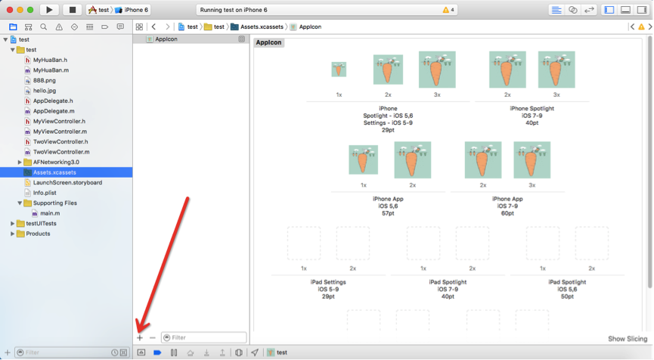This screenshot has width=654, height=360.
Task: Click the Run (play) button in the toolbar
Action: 49,10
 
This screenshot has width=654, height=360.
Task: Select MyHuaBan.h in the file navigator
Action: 50,60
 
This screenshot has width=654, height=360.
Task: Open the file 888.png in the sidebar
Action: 44,80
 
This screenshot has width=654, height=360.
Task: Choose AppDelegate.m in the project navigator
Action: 54,111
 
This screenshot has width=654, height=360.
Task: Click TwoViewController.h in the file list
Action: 60,142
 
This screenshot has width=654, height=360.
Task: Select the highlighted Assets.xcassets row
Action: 67,172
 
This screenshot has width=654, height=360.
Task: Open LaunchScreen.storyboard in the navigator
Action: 67,183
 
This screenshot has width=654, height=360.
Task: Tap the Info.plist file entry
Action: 45,193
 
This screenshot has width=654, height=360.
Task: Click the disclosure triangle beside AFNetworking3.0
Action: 20,163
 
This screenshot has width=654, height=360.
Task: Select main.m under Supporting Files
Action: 50,213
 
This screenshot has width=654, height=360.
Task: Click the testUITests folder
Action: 41,224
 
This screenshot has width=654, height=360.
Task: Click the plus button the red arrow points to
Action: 140,337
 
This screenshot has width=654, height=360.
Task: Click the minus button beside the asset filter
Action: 153,337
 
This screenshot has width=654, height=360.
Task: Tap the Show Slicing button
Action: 628,339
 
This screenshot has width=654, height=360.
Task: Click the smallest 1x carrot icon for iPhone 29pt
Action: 339,70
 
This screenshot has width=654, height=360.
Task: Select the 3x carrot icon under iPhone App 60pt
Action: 532,160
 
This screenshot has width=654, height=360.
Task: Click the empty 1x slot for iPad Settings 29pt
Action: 304,244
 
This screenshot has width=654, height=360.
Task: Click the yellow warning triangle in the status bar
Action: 445,10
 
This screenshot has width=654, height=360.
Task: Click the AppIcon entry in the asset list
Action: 166,39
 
